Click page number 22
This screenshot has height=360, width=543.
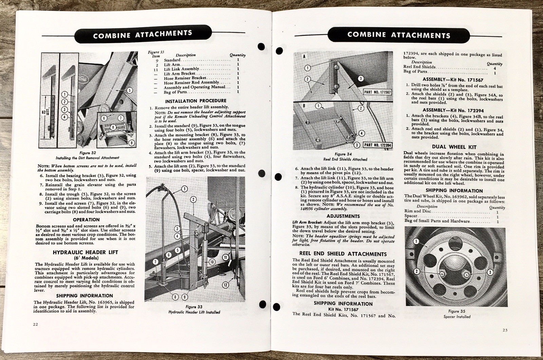[36, 324]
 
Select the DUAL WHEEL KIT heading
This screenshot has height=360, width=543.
[454, 147]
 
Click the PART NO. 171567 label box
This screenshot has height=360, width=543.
[377, 92]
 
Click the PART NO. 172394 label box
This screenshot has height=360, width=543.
[377, 145]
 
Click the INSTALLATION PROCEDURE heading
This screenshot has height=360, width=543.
[195, 101]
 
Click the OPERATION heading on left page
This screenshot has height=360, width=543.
[86, 220]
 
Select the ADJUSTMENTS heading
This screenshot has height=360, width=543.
[343, 216]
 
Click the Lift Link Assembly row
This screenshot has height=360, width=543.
[181, 69]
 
